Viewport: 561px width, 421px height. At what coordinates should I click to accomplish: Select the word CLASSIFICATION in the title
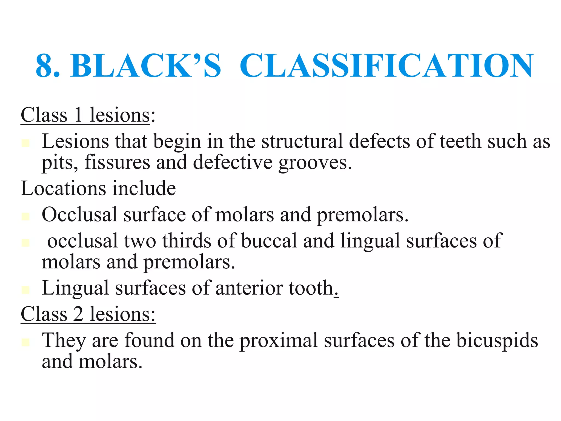(x=387, y=66)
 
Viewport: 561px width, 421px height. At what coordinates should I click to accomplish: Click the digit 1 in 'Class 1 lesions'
(x=78, y=115)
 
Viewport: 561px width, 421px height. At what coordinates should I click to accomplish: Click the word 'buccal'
(x=269, y=241)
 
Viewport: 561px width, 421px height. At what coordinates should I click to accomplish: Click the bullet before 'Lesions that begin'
(x=25, y=143)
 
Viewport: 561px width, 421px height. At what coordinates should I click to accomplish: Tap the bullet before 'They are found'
(x=25, y=342)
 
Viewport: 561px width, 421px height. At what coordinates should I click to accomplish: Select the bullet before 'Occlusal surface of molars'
(x=25, y=216)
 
